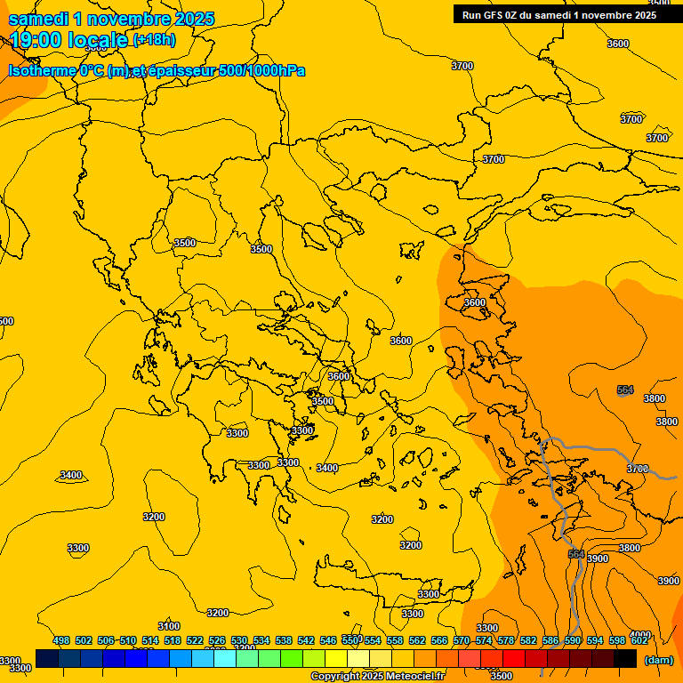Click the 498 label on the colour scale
(60, 640)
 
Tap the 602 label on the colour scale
(639, 640)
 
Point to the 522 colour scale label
(195, 640)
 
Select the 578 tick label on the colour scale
(506, 640)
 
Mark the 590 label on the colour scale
(573, 640)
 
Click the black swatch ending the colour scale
(625, 658)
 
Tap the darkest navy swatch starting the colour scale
(47, 658)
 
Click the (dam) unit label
(659, 659)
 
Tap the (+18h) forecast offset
(154, 40)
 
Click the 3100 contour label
(168, 626)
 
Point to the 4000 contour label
(640, 635)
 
